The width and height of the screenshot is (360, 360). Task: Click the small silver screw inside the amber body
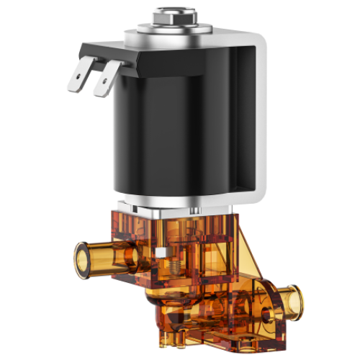pos(164,251)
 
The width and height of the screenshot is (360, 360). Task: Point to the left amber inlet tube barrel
pos(108,257)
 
